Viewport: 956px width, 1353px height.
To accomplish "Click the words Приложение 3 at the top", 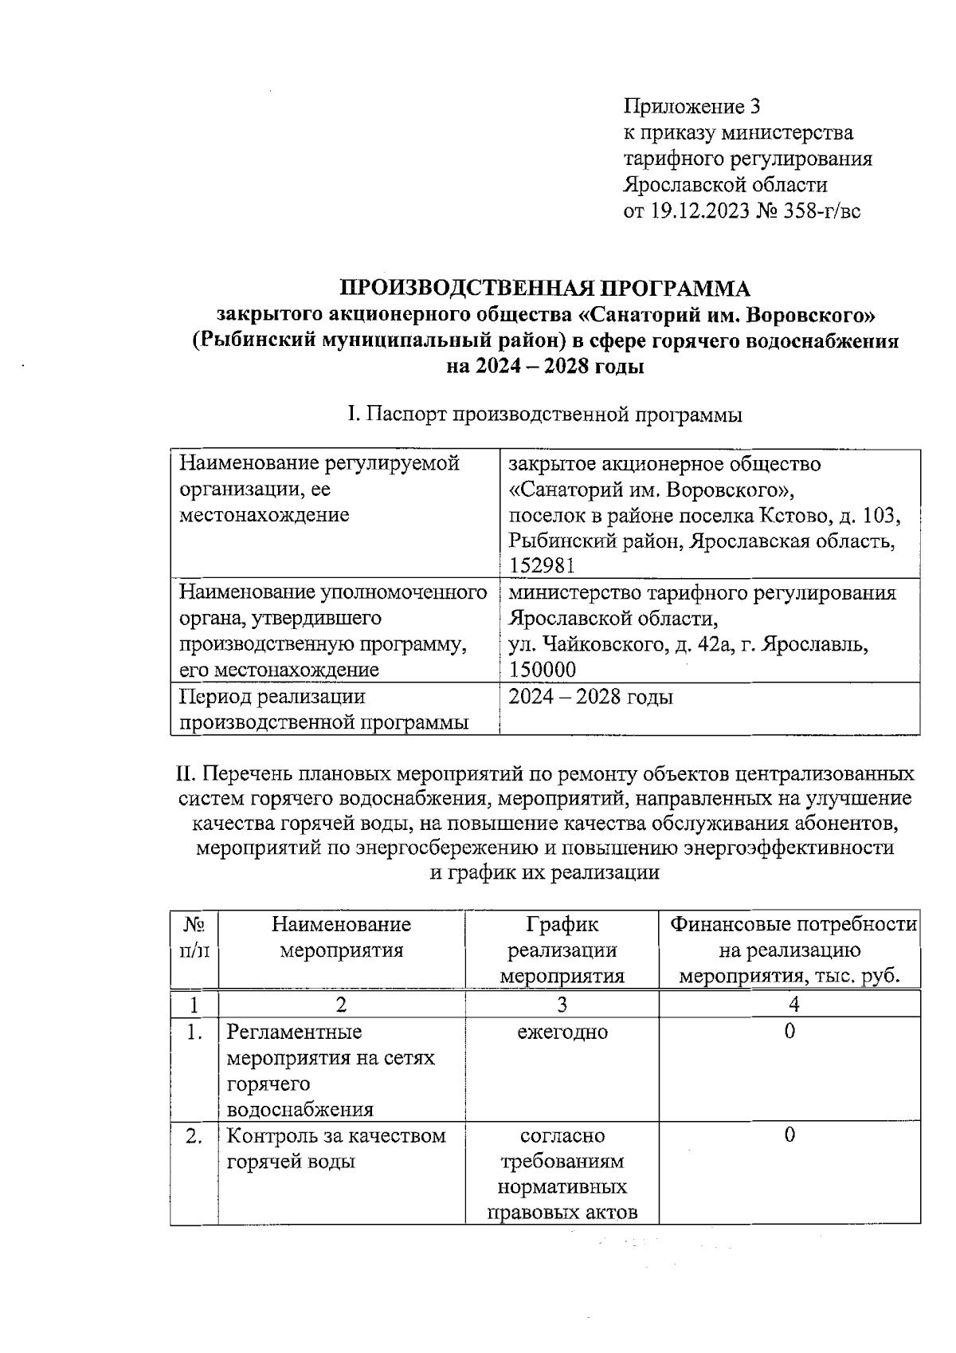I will [692, 107].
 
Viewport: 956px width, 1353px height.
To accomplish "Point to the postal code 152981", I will [542, 565].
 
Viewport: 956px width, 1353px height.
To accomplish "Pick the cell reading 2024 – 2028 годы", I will [590, 697].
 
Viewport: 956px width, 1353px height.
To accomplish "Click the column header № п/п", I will [194, 938].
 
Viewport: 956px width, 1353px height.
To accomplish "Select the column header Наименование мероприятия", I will [341, 938].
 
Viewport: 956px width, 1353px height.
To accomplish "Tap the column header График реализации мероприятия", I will [562, 950].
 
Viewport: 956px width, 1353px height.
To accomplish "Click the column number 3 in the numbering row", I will [562, 1005].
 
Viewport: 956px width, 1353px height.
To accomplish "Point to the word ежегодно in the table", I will [562, 1032].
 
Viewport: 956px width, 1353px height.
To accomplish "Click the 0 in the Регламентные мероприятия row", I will [789, 1032].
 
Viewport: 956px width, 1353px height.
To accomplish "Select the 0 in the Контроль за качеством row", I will [789, 1135].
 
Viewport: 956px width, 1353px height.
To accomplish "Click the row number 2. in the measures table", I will [194, 1136].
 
